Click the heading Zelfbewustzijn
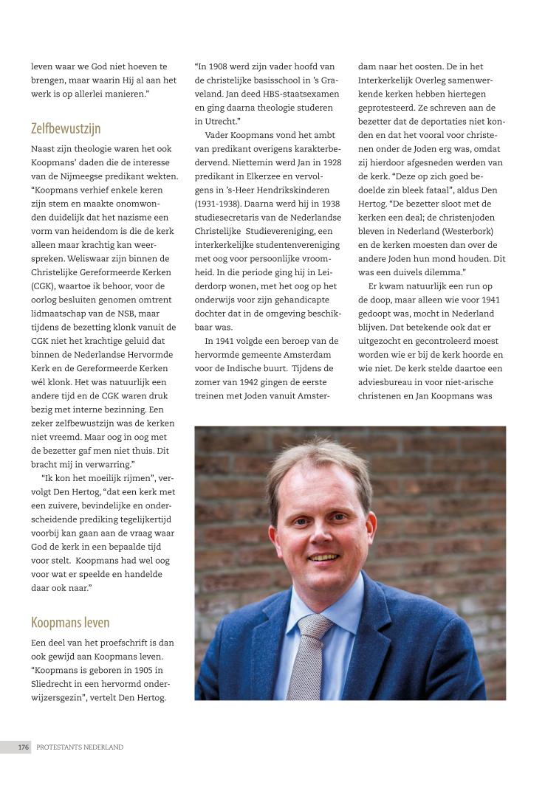tap(66, 128)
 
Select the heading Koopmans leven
tap(70, 622)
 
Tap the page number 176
tap(24, 747)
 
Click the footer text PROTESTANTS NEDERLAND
tap(80, 747)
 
